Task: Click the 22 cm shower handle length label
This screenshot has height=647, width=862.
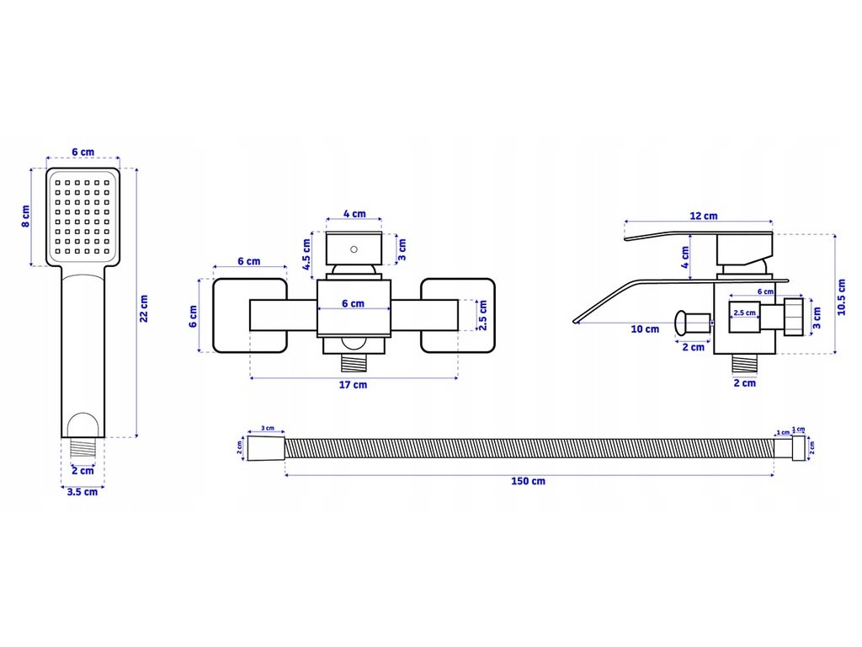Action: tap(145, 307)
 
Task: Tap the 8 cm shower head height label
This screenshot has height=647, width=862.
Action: tap(25, 217)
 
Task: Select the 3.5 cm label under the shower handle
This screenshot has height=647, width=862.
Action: tap(82, 492)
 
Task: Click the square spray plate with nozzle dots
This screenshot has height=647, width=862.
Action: tap(82, 217)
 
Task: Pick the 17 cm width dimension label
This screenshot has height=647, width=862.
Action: tap(354, 385)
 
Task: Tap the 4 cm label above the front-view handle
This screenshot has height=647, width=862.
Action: tap(354, 214)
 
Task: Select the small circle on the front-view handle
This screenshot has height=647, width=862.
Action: tap(354, 249)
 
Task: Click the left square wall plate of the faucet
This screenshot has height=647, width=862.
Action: tap(250, 316)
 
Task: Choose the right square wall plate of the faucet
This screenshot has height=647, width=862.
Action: tap(457, 316)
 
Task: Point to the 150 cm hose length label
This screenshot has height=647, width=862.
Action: tap(528, 481)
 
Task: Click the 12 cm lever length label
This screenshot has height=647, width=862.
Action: tap(704, 216)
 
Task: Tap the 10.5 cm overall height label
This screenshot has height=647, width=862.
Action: tap(843, 296)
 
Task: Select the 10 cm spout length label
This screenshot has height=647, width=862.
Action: tap(646, 329)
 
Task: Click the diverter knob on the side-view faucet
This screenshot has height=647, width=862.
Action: tap(692, 321)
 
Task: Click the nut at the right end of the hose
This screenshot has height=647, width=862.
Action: tap(799, 447)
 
